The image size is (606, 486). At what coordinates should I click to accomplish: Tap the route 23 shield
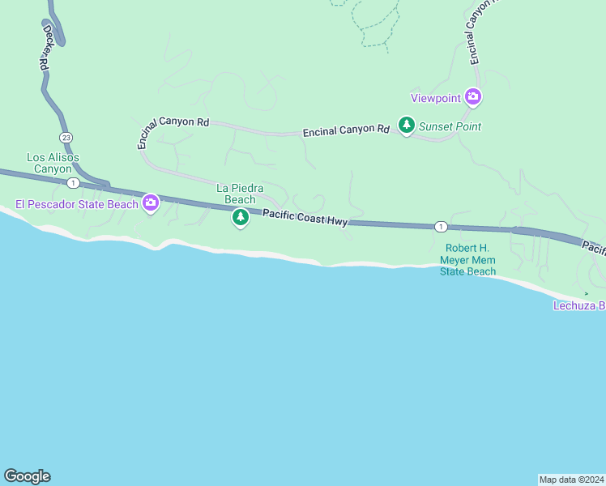pyautogui.click(x=66, y=137)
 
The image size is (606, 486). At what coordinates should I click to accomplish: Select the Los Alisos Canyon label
pyautogui.click(x=53, y=163)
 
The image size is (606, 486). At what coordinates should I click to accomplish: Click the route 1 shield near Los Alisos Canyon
pyautogui.click(x=73, y=183)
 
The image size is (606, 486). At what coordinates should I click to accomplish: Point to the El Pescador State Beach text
pyautogui.click(x=77, y=204)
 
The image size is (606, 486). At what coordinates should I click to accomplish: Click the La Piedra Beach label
pyautogui.click(x=240, y=194)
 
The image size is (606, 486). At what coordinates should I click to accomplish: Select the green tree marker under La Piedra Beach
pyautogui.click(x=240, y=217)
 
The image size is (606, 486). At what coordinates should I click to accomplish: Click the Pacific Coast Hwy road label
pyautogui.click(x=305, y=217)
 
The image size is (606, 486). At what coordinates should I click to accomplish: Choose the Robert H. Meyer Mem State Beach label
pyautogui.click(x=467, y=260)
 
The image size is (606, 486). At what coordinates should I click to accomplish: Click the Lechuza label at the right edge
pyautogui.click(x=579, y=305)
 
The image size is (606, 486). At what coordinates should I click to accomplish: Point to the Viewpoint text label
pyautogui.click(x=436, y=98)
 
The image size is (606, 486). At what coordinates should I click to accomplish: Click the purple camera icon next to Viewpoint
pyautogui.click(x=473, y=98)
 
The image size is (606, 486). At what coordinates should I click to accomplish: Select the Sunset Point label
pyautogui.click(x=450, y=126)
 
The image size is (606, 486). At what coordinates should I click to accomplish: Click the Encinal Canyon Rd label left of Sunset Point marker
pyautogui.click(x=346, y=130)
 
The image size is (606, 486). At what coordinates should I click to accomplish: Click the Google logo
pyautogui.click(x=27, y=476)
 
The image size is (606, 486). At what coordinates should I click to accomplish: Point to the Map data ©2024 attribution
pyautogui.click(x=571, y=480)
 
